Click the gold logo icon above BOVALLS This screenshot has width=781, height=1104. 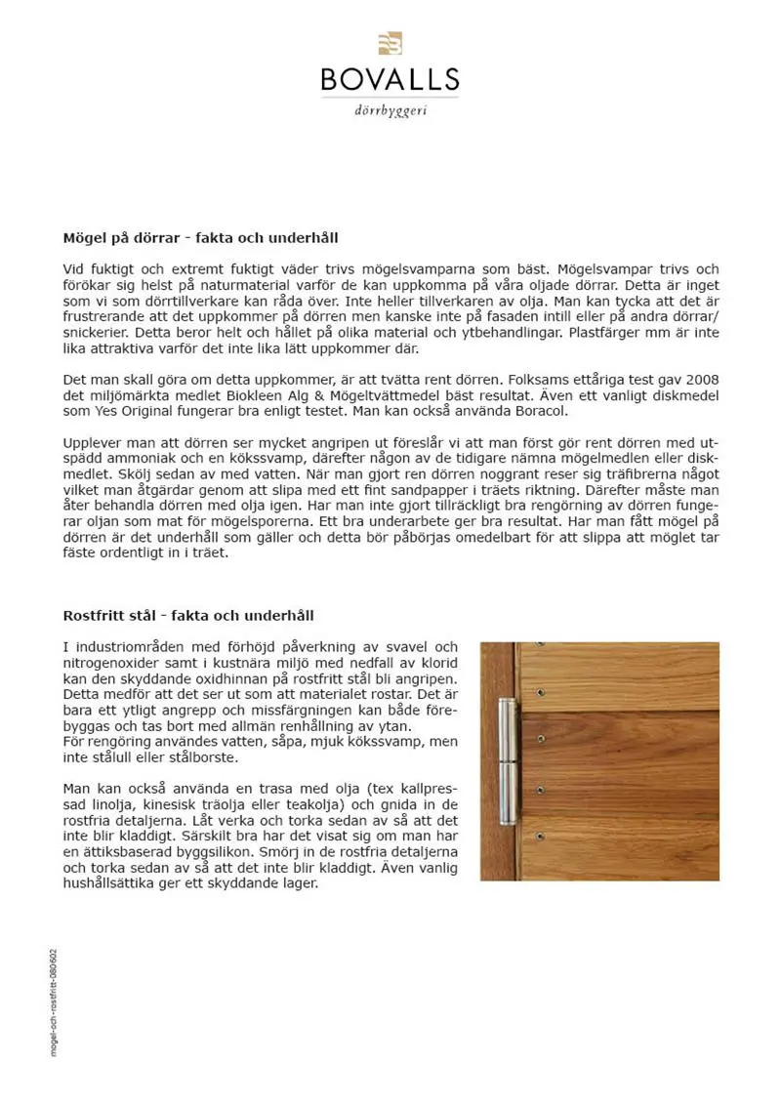tap(390, 43)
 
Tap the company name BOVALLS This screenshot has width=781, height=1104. tap(390, 79)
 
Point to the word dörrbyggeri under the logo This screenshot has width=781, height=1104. tap(390, 110)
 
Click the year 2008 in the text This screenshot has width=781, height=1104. tap(699, 379)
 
